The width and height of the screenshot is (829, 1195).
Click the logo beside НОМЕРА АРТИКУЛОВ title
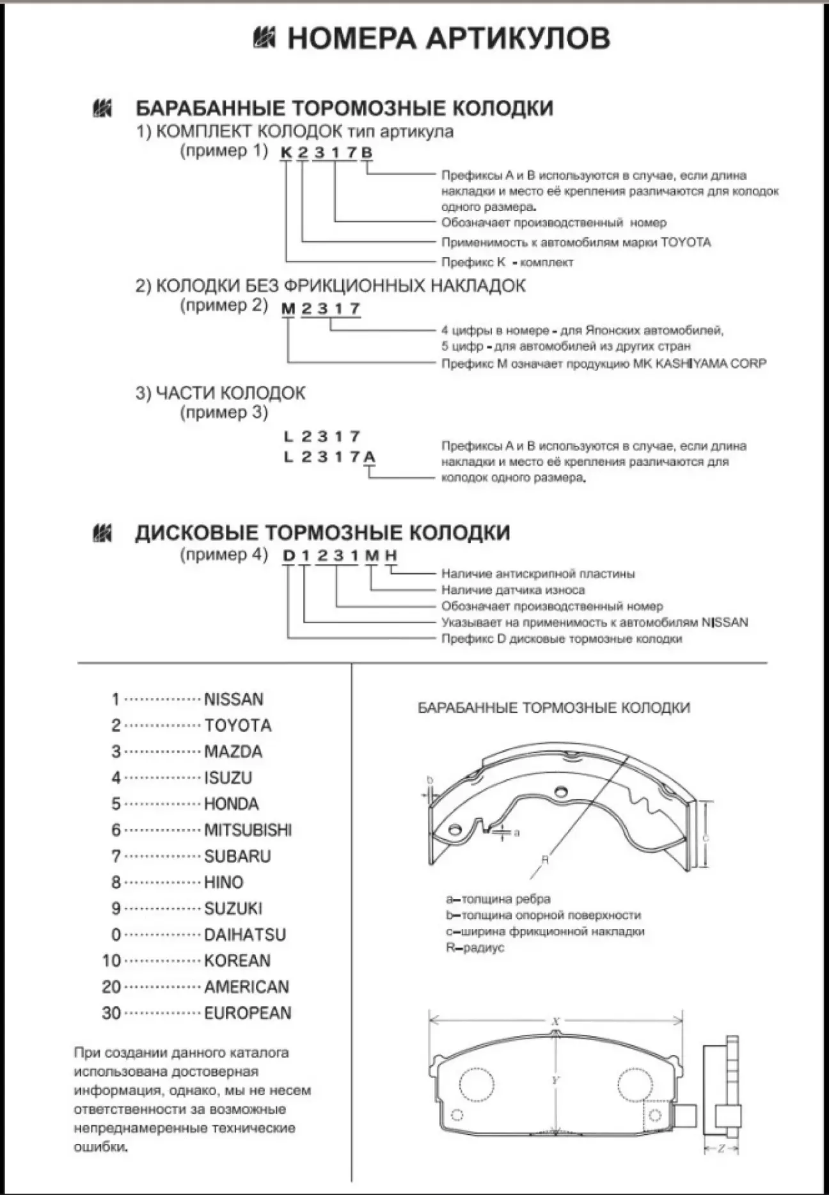(x=264, y=38)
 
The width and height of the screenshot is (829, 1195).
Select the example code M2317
(x=321, y=309)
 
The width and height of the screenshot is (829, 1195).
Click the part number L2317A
(x=329, y=457)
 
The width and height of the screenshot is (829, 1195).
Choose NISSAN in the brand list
(x=233, y=699)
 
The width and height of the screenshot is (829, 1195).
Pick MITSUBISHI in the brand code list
(x=248, y=830)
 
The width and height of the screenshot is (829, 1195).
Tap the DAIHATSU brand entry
(x=244, y=935)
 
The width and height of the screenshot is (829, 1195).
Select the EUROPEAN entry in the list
(x=248, y=1013)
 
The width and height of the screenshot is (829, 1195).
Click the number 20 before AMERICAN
(x=111, y=987)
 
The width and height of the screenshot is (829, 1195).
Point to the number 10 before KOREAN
(x=111, y=961)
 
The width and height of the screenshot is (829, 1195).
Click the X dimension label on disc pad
(x=555, y=1022)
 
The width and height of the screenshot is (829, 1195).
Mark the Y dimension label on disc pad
(x=555, y=1080)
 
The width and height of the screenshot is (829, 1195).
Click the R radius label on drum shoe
(x=545, y=860)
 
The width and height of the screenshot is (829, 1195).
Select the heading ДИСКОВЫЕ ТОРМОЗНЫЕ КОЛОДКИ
(x=322, y=533)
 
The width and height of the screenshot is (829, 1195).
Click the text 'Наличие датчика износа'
(x=513, y=590)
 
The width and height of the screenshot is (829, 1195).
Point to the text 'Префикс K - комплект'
(x=507, y=262)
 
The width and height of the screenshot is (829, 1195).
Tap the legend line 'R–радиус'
(x=475, y=947)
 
